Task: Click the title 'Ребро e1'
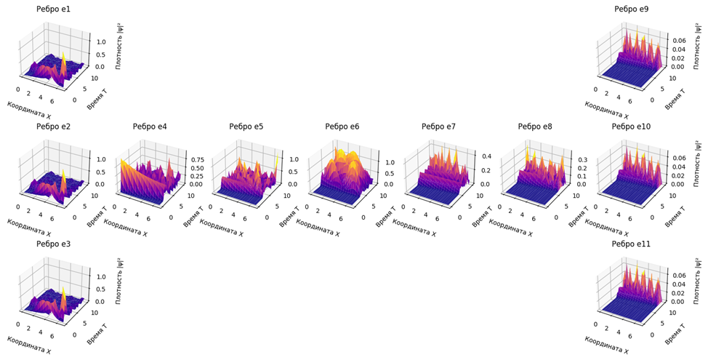pos(53,9)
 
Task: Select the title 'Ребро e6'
pos(342,127)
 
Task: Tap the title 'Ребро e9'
pos(631,9)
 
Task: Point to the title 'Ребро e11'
pos(631,244)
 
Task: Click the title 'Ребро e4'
pos(150,127)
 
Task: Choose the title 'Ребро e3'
pos(53,244)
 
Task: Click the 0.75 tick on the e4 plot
pos(197,159)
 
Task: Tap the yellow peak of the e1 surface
pos(63,55)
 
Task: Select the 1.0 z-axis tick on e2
pos(102,159)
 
